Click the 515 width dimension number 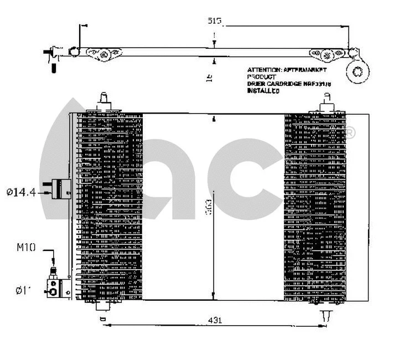(215, 22)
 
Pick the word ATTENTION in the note (265, 70)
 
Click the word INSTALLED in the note (263, 90)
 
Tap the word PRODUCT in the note (261, 77)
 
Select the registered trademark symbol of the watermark (350, 132)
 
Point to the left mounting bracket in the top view (104, 54)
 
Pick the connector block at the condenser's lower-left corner (55, 288)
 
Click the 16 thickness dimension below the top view (210, 78)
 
